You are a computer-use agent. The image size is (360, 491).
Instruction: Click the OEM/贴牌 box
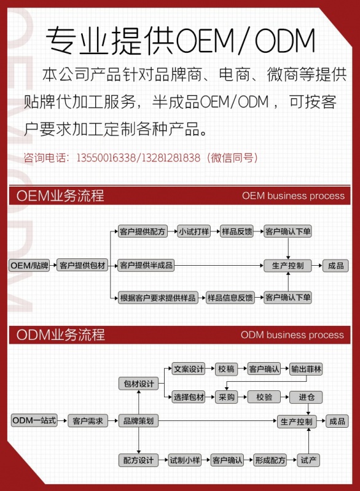tap(29, 266)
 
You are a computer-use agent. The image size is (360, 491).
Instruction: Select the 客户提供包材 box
tap(82, 266)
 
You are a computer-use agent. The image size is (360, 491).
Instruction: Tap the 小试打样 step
tap(194, 231)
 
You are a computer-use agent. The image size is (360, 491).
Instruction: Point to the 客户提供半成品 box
tap(146, 266)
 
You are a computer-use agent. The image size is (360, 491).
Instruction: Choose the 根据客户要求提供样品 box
tap(158, 298)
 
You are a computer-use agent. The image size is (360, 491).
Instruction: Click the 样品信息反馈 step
tap(230, 298)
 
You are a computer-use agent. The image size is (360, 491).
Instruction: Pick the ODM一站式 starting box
tap(34, 420)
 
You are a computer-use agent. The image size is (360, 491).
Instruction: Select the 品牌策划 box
tap(138, 421)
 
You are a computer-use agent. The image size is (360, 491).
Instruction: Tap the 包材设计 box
tap(138, 384)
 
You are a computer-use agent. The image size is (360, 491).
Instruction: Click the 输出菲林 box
tap(306, 369)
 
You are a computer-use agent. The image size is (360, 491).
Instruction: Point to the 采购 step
tap(227, 397)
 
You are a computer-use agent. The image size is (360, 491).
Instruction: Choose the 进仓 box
tap(306, 397)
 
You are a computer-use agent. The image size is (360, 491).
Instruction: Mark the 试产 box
tap(308, 460)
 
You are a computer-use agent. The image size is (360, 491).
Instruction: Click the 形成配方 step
tap(270, 460)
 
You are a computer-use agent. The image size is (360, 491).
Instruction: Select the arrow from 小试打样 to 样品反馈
tap(215, 232)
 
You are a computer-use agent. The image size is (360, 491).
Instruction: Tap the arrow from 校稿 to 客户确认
tap(243, 369)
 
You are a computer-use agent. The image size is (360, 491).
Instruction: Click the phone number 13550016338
tap(106, 158)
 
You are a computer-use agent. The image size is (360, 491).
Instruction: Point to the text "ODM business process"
tap(292, 334)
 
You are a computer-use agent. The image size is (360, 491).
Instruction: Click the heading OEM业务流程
tap(60, 196)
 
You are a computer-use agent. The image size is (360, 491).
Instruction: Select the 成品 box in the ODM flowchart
tap(337, 421)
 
